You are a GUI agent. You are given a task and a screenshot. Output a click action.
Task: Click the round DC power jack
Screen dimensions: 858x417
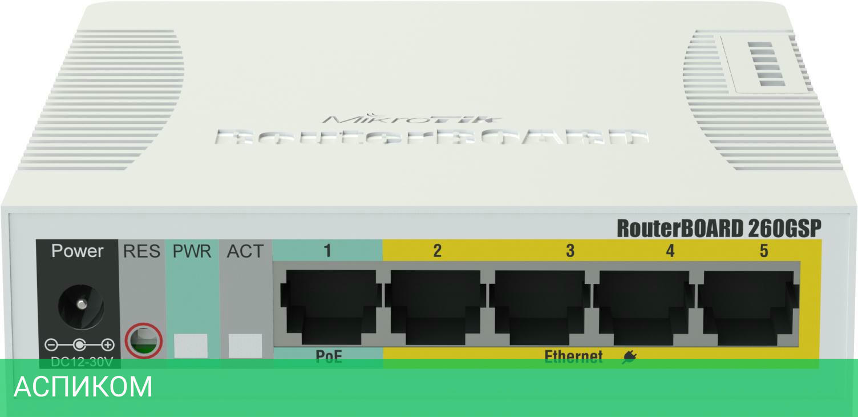coord(80,306)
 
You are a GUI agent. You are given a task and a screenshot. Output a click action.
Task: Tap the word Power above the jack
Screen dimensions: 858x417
coord(78,251)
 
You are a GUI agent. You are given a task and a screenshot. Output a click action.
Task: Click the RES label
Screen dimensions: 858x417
coord(142,251)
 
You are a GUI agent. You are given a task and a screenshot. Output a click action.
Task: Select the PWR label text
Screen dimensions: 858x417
coord(192,251)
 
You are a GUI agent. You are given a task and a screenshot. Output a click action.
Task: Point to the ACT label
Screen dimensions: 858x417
coord(245,251)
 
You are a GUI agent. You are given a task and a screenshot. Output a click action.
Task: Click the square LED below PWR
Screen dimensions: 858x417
coord(191,346)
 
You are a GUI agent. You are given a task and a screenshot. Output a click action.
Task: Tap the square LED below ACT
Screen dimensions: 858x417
coord(245,346)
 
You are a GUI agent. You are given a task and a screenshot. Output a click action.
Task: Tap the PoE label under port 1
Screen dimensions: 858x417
coord(329,357)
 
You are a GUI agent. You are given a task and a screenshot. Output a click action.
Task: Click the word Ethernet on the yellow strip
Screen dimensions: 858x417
coord(573,357)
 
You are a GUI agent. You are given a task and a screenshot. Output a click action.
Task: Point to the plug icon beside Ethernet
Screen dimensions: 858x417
coord(629,358)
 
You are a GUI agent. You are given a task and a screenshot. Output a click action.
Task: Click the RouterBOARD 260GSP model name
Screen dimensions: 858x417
coord(719,228)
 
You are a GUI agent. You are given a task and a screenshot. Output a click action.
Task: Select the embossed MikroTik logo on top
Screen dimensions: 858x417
coord(412,119)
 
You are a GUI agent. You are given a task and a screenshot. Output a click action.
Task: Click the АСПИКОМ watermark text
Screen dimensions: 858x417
coord(83,387)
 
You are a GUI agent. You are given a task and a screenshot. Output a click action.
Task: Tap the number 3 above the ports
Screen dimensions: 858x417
coord(570,251)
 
